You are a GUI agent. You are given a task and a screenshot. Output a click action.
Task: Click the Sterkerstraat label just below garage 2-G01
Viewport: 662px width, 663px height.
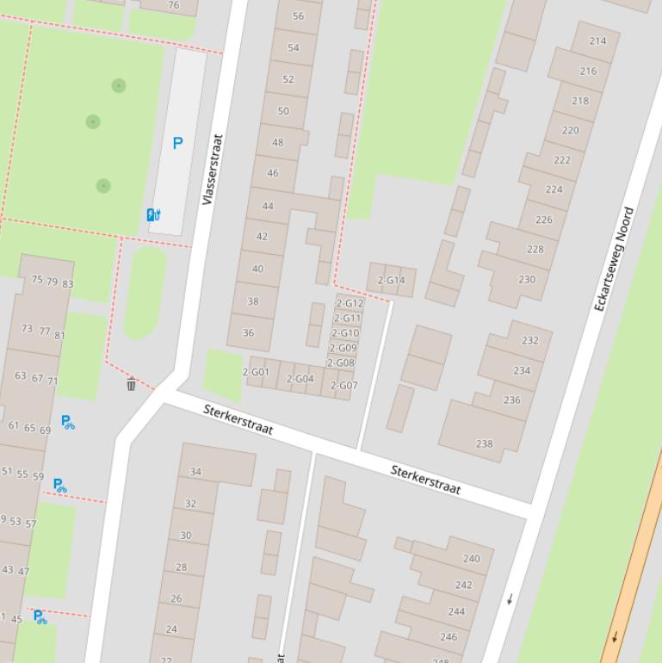coord(238,418)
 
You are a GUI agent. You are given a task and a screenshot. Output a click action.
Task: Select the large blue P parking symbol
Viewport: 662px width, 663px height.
coord(177,144)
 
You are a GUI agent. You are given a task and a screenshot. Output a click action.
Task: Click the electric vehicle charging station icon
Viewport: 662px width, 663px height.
coord(153,215)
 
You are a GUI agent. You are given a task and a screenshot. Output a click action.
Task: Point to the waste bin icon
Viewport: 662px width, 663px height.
coord(131,384)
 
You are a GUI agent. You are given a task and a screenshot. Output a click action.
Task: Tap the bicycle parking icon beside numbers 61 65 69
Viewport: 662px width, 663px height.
coord(67,422)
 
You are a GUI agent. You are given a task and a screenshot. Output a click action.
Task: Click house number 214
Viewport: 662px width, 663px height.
coord(597,40)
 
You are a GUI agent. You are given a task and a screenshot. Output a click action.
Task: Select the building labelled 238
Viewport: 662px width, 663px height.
coord(484,444)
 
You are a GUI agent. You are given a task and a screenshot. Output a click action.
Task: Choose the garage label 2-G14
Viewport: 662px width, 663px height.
coord(391,281)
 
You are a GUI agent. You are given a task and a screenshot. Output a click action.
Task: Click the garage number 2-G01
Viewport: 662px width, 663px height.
coord(256,373)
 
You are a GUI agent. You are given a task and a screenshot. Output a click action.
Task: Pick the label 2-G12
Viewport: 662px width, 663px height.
coord(350,304)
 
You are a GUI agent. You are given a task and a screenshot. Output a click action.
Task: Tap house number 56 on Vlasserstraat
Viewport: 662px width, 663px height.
coord(298,15)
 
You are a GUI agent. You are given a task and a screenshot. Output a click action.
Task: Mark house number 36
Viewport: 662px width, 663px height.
coord(248,332)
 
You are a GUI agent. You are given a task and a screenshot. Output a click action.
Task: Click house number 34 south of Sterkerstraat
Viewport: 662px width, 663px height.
coord(195,472)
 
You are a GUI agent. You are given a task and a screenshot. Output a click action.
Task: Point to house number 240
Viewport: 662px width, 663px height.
coord(471,559)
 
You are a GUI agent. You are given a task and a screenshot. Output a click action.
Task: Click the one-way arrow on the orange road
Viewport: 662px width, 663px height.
coord(615,637)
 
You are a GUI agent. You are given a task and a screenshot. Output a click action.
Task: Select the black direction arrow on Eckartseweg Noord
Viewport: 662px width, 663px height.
coord(510,598)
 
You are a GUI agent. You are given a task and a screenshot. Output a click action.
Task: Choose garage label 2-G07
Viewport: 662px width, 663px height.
coord(343,386)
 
